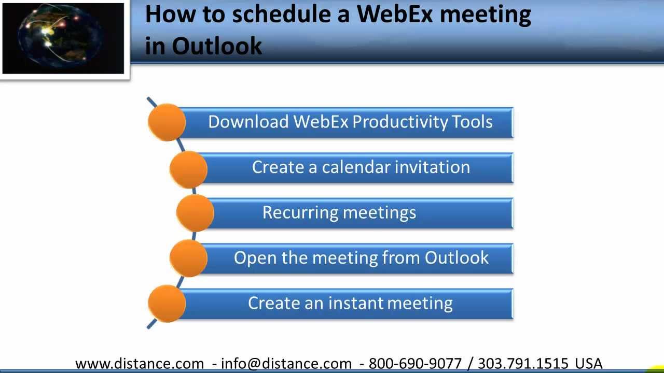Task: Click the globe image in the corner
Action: tap(63, 38)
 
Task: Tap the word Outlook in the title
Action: tap(217, 46)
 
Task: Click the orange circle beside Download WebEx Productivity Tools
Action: tap(167, 122)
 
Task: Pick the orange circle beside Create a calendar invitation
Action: tap(188, 169)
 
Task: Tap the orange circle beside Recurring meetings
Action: tap(196, 213)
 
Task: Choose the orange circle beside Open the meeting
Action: tap(188, 258)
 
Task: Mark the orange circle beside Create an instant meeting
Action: tap(167, 304)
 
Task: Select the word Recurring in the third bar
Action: tap(300, 213)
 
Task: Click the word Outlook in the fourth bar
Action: tap(457, 257)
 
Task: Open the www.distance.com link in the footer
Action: tap(140, 363)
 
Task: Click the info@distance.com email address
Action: tap(286, 363)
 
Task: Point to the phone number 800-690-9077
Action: tap(416, 363)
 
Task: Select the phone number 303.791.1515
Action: tap(523, 363)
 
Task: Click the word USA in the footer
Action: tap(589, 363)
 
